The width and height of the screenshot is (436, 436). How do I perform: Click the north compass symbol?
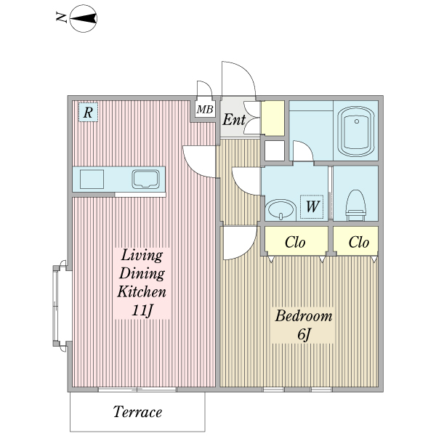[x=83, y=18]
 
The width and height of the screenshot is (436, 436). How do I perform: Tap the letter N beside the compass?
[x=62, y=17]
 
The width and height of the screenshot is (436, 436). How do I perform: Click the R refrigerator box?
[x=88, y=113]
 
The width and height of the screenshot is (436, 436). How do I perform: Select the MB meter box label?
[x=205, y=110]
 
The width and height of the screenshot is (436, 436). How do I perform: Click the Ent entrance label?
[x=234, y=120]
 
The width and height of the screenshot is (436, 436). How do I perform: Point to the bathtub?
[x=356, y=132]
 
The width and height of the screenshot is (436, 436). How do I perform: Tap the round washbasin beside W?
[x=280, y=210]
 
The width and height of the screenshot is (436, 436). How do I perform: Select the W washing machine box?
[x=312, y=207]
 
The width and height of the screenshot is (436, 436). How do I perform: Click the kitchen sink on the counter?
[x=146, y=179]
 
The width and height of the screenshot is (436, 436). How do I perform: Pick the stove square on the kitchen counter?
[x=92, y=179]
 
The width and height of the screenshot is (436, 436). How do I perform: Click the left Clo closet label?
[x=295, y=242]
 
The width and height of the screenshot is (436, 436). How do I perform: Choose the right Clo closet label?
[x=359, y=242]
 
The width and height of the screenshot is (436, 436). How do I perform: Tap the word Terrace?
[x=137, y=412]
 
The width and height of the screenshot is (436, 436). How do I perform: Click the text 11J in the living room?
[x=142, y=310]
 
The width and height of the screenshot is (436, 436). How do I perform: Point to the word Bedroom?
[x=303, y=316]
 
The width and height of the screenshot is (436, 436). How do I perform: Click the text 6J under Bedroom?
[x=304, y=334]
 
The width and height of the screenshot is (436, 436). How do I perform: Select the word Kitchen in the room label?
[x=142, y=291]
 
